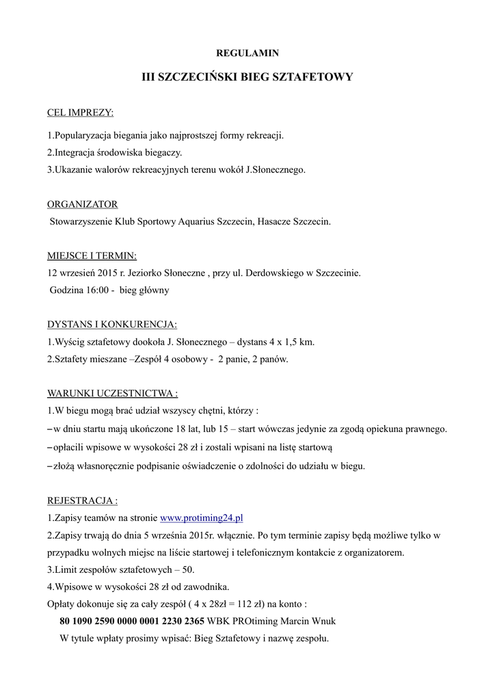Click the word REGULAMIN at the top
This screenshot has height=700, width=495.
tap(247, 53)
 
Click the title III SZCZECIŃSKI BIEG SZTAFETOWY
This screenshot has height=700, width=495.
tap(247, 77)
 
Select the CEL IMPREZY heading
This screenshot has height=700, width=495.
tap(80, 112)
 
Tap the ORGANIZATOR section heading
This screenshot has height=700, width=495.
tap(82, 204)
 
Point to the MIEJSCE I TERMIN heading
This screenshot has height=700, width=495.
tap(92, 256)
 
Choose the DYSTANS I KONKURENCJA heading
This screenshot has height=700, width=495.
tap(111, 324)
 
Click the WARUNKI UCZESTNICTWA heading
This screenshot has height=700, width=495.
tap(112, 393)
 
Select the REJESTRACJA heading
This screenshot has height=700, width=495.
tap(82, 500)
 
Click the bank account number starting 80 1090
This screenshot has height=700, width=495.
tap(132, 621)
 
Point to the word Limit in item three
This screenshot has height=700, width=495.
tap(66, 569)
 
